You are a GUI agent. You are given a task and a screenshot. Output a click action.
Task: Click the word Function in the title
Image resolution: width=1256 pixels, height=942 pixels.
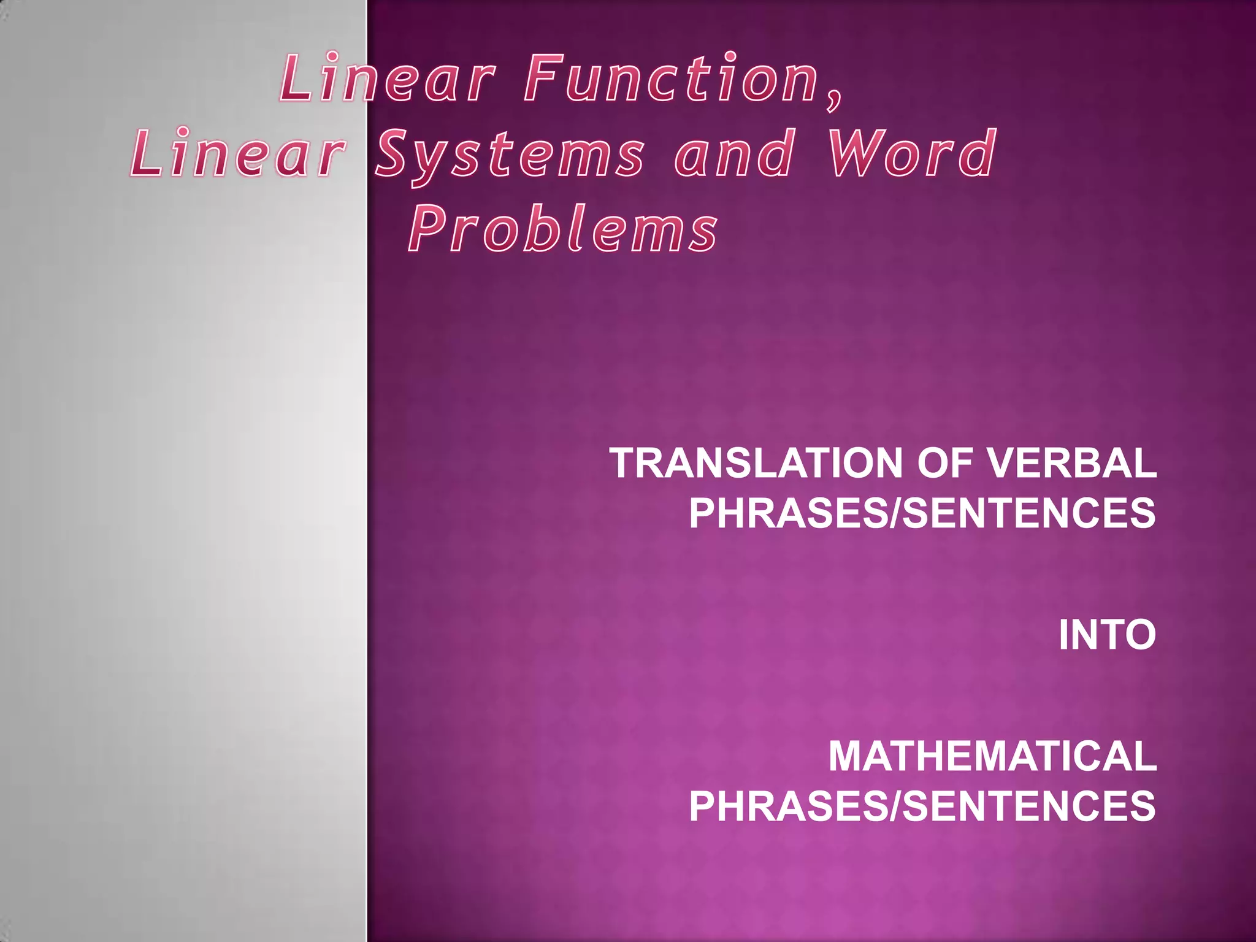point(672,78)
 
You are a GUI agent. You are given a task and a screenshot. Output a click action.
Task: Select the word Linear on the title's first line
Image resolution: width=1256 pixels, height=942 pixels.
point(387,78)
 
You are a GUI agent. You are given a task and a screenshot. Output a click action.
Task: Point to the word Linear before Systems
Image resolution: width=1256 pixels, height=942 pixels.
point(235,153)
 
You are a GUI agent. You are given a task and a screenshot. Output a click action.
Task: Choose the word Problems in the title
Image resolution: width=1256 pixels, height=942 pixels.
point(563,229)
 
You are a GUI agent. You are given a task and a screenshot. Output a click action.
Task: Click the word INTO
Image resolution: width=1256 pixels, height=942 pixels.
point(1107,635)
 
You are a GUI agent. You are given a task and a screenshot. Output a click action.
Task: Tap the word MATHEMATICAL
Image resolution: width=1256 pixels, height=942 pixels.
point(992,756)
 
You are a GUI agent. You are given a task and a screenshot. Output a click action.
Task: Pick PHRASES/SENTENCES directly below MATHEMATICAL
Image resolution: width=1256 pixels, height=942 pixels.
point(922,806)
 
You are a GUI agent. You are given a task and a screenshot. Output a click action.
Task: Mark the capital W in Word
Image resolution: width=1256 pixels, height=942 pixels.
point(854,153)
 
